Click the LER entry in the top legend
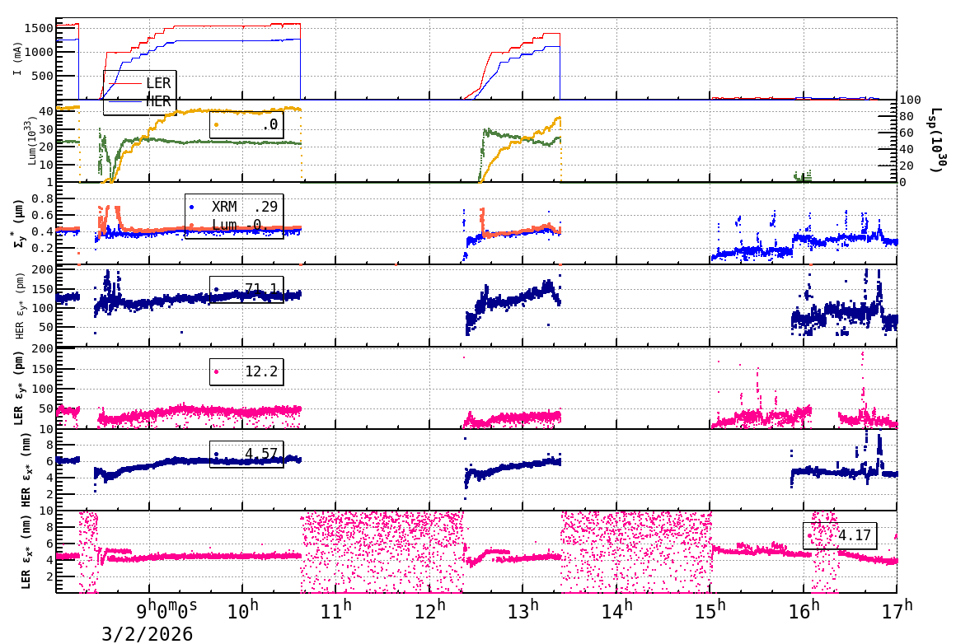(157, 83)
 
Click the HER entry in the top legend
(157, 101)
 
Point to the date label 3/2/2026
(148, 633)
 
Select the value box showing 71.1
(246, 289)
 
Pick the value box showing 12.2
(246, 371)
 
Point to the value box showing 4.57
(246, 454)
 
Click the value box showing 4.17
(840, 535)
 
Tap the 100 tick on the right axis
(910, 100)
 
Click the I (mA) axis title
(18, 58)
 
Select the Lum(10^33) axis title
(30, 141)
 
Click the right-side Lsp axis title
(937, 141)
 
